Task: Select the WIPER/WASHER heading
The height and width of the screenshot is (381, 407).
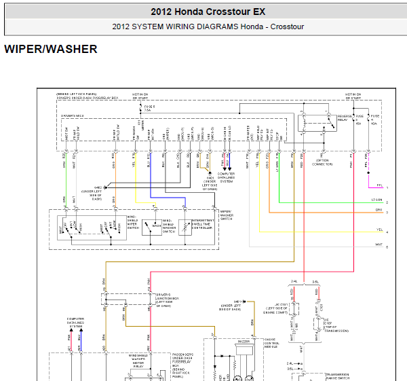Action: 51,50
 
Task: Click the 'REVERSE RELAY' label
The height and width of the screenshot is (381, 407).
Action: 346,120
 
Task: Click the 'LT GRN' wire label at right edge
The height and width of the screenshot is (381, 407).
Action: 377,200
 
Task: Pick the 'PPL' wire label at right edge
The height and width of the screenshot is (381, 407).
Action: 379,183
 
